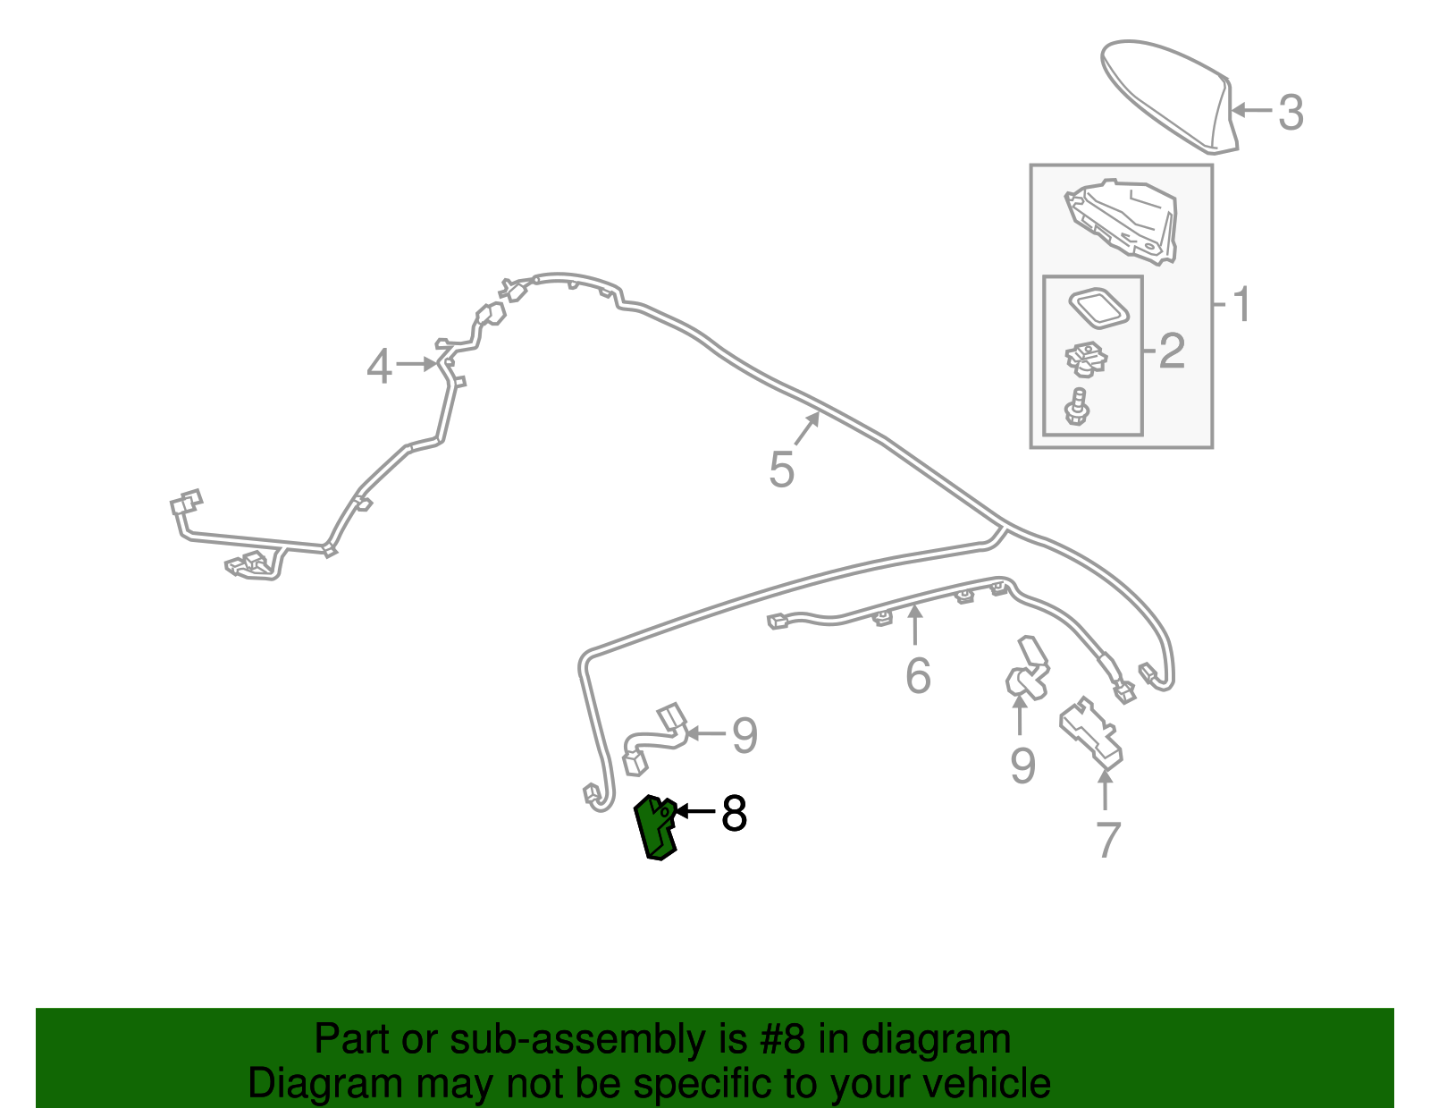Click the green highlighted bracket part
click(x=655, y=827)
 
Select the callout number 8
click(x=734, y=814)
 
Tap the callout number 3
click(x=1291, y=113)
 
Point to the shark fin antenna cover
click(x=1168, y=96)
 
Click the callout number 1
click(x=1241, y=304)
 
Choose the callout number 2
click(x=1172, y=351)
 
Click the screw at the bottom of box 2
click(x=1077, y=407)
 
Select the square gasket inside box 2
click(x=1098, y=309)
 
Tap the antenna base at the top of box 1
click(x=1120, y=221)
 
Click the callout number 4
click(x=379, y=366)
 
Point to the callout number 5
click(x=782, y=470)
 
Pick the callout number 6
click(x=918, y=675)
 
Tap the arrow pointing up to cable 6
click(x=914, y=624)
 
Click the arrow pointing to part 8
click(x=695, y=811)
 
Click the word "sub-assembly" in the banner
click(x=598, y=1039)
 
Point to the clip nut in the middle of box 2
click(x=1086, y=360)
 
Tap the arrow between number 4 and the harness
click(x=417, y=363)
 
